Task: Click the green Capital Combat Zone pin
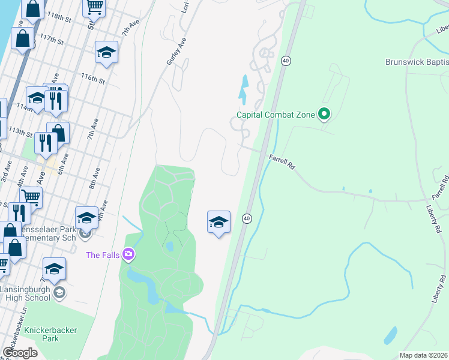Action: click(325, 113)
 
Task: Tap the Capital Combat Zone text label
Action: click(276, 115)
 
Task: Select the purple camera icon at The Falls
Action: click(128, 255)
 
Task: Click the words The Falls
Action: click(102, 255)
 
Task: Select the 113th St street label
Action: click(20, 132)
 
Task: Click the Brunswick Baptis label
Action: click(417, 62)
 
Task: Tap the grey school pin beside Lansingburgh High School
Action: click(59, 293)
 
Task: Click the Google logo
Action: click(20, 352)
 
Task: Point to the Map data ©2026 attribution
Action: click(423, 355)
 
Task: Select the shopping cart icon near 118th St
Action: click(94, 7)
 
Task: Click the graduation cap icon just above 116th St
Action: click(106, 53)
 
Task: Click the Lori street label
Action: click(185, 7)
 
